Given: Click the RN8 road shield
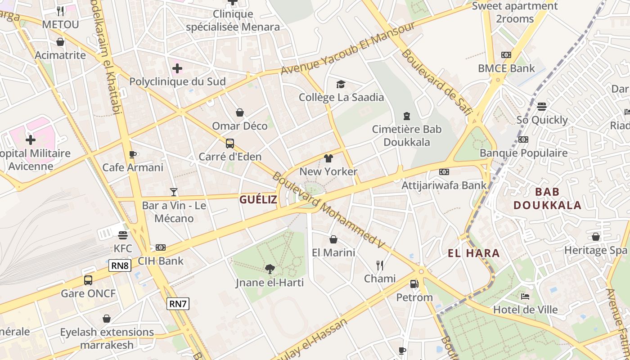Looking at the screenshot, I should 120,265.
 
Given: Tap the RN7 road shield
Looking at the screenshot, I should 178,304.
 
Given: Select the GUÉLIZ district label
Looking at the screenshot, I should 258,200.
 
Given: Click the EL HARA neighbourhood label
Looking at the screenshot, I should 474,253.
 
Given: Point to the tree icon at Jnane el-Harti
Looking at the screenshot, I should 270,269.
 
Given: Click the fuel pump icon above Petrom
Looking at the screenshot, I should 414,284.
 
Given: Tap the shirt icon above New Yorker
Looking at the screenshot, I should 328,158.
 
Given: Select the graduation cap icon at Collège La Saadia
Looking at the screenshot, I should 341,84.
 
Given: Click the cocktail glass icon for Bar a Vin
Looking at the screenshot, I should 174,193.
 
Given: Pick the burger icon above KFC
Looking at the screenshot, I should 123,235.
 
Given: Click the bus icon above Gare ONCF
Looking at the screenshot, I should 88,280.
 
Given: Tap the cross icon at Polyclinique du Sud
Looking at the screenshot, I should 177,68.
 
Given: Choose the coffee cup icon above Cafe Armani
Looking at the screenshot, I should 133,154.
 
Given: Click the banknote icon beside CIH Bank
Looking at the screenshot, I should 161,247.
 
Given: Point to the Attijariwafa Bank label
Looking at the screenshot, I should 444,185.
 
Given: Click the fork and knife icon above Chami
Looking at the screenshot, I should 380,265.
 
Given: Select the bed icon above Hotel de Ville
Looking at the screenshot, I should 525,296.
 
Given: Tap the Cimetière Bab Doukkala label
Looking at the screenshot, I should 407,135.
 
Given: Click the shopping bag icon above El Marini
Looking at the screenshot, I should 333,239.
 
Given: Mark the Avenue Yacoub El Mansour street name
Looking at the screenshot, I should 347,49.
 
